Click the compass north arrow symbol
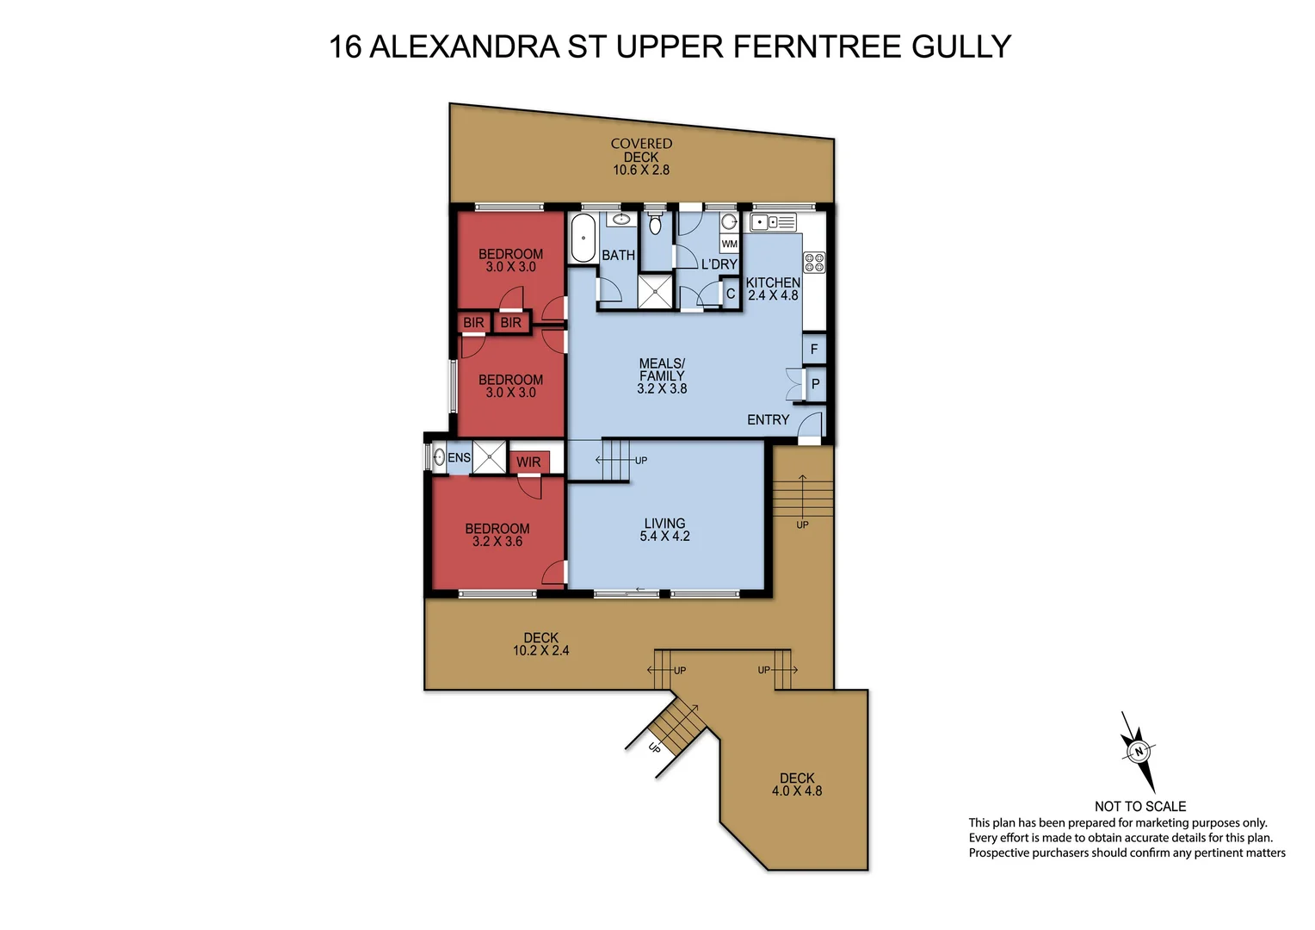[x=1138, y=751]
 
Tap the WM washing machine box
[x=729, y=244]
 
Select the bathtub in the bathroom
[x=583, y=239]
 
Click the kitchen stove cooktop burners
[x=814, y=263]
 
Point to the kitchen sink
[x=773, y=223]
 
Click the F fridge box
[x=814, y=350]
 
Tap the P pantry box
[x=815, y=385]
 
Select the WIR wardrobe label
[x=528, y=462]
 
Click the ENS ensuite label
[x=459, y=457]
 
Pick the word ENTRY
[x=768, y=420]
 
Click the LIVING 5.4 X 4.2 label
[x=664, y=530]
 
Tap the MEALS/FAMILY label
[x=662, y=375]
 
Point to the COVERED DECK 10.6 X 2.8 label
[x=641, y=157]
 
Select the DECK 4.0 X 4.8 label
[x=797, y=784]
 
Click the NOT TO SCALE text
[x=1140, y=806]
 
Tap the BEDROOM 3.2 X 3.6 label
[x=497, y=535]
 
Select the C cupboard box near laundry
[x=731, y=294]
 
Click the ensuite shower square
[x=490, y=457]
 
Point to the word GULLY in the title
[x=961, y=46]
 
